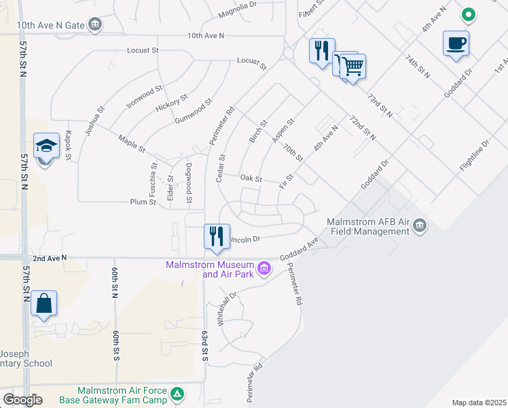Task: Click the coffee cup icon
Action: (x=456, y=44)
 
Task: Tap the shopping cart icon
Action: (x=353, y=67)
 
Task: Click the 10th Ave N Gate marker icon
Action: (x=94, y=25)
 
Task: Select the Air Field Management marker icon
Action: (x=420, y=226)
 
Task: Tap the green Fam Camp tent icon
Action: (x=177, y=394)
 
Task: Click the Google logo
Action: (x=22, y=399)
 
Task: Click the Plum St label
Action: (x=143, y=202)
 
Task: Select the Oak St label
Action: (x=251, y=178)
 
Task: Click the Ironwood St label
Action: (x=145, y=97)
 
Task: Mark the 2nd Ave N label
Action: (x=50, y=258)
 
